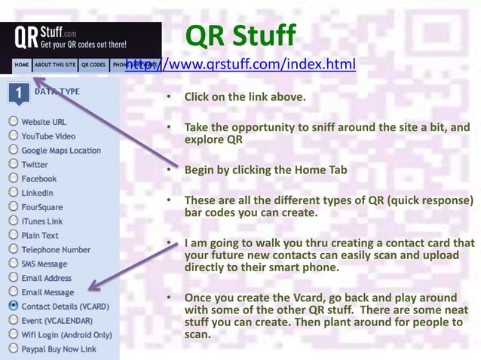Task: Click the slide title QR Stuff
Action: (240, 35)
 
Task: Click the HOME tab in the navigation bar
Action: (22, 65)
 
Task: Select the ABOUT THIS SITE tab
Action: (54, 65)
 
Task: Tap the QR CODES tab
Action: (93, 65)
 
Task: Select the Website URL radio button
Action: (13, 121)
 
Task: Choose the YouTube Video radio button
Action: (13, 136)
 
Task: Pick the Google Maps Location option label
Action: (60, 150)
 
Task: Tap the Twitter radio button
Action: (13, 164)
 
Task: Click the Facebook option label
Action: (38, 178)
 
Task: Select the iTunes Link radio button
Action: (13, 221)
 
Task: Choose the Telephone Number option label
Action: (55, 249)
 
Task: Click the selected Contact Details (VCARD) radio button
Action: (13, 307)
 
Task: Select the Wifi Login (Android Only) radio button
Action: (13, 334)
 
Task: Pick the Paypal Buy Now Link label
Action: (59, 349)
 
